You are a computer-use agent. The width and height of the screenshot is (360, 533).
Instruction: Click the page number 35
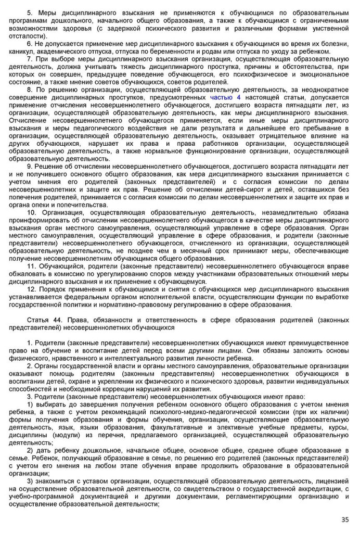(x=345, y=519)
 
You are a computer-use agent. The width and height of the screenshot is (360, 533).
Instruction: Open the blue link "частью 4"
(x=225, y=97)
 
